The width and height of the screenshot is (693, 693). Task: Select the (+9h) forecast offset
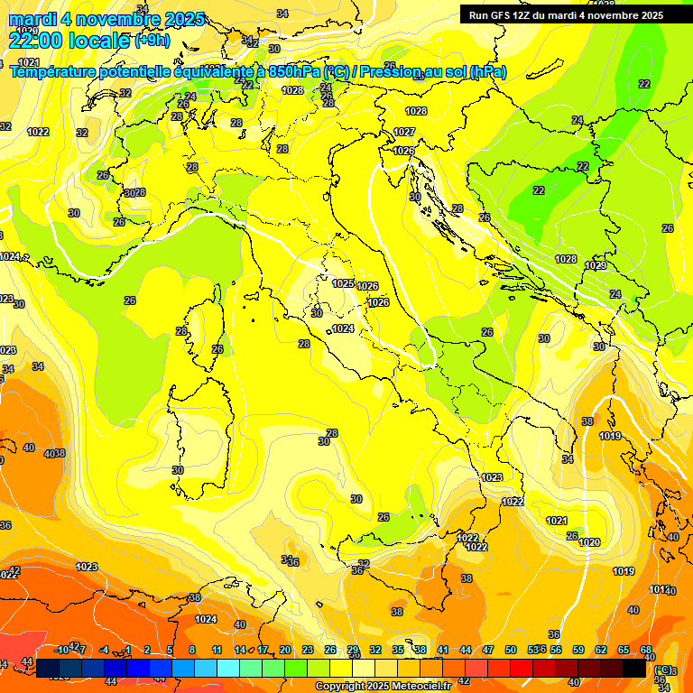[x=151, y=41]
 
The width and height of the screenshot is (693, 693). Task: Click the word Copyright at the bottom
[x=341, y=687]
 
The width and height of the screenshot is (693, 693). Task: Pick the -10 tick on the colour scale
[x=61, y=650]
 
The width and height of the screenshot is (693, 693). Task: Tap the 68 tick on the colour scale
[x=646, y=650]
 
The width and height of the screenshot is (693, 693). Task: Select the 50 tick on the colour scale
[x=511, y=650]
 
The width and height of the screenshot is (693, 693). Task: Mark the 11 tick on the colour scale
[x=217, y=650]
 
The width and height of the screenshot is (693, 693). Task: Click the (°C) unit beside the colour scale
[x=663, y=670]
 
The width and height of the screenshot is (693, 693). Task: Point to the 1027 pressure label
[x=403, y=133]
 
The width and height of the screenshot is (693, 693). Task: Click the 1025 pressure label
[x=343, y=283]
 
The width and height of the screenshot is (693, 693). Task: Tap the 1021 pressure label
[x=557, y=521]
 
